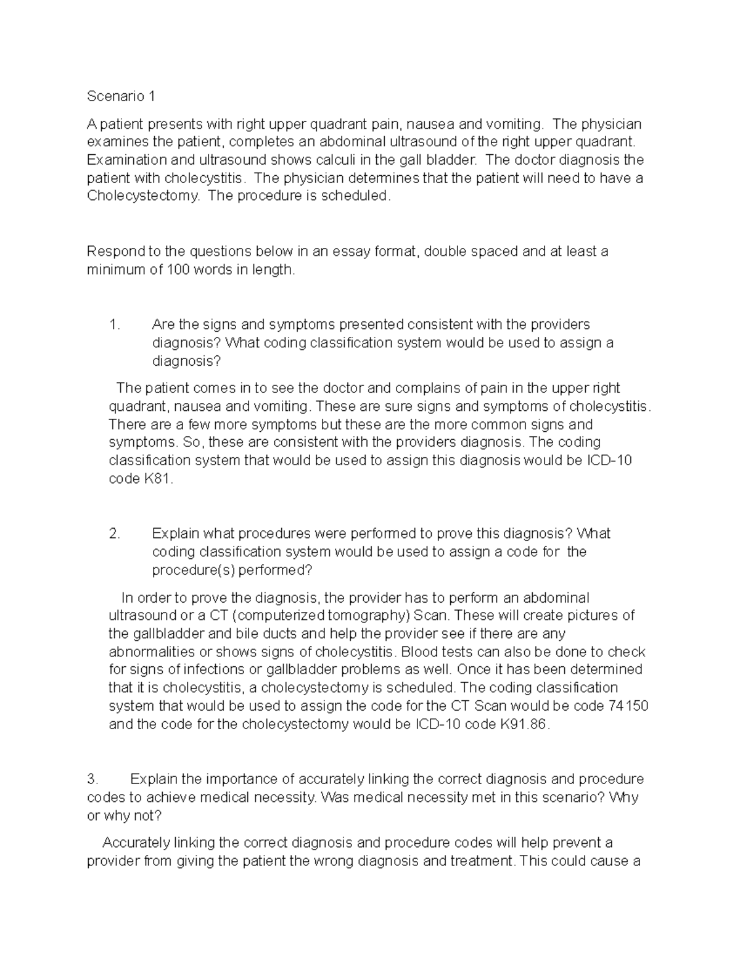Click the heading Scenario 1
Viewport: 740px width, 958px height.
point(121,96)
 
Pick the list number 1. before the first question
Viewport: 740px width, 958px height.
point(114,324)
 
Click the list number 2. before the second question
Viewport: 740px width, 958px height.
point(114,534)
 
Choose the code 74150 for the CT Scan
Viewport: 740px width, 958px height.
point(628,706)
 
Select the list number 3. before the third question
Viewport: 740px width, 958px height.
point(92,779)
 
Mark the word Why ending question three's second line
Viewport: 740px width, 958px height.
point(623,798)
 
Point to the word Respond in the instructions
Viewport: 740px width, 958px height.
point(115,252)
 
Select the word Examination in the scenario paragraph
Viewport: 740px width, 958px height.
point(128,160)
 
